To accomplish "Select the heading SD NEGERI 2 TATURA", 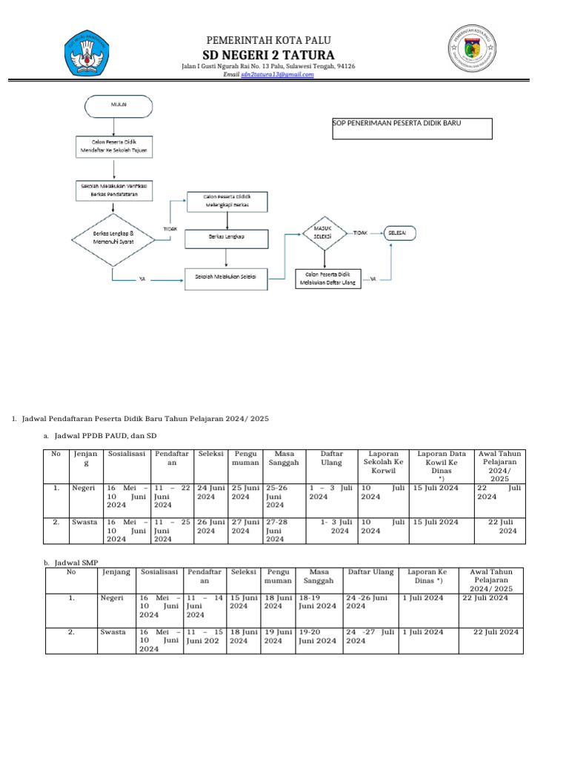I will tap(268, 56).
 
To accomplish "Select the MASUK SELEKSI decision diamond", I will tap(326, 233).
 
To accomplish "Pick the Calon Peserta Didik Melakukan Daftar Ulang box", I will tap(327, 278).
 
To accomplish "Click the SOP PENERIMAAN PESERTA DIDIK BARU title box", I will tap(412, 128).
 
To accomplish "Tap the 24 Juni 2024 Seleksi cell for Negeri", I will tap(213, 492).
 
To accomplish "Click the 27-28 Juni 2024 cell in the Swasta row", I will tap(284, 530).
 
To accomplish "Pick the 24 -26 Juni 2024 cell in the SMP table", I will tap(370, 601).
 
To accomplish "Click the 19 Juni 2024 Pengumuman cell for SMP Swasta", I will tap(279, 636).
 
